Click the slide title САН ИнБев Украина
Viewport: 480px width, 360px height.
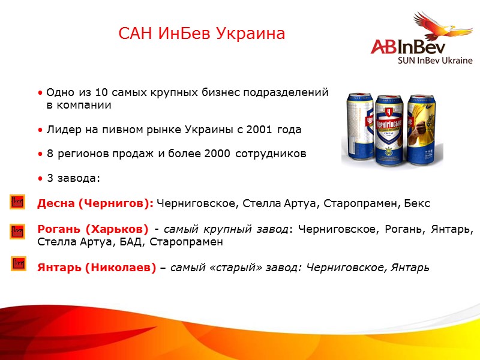202,34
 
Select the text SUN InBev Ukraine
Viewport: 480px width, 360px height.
435,60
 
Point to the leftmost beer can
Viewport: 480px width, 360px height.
359,123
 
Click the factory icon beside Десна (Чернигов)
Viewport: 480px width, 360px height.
17,202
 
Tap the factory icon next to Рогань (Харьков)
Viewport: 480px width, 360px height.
17,230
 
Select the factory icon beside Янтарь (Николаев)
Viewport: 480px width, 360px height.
18,263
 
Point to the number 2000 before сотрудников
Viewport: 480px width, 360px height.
217,154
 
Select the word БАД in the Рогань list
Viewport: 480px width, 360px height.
132,242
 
